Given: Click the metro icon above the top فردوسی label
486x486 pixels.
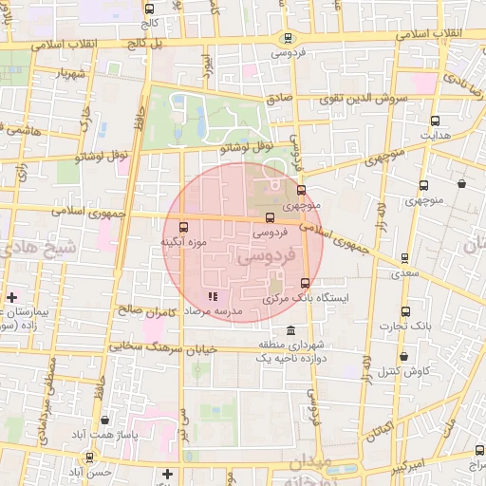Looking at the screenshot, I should coord(287,38).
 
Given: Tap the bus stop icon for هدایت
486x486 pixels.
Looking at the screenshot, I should coord(436,121).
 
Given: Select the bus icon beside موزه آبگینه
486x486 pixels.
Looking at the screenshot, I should coord(183,227).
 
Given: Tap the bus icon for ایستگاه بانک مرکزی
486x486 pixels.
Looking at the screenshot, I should coord(305,283).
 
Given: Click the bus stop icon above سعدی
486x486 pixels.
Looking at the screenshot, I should coord(405,257).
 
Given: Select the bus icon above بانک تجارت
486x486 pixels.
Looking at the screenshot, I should coord(406,310).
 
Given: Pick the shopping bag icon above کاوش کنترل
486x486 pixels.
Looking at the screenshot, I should coord(403,356).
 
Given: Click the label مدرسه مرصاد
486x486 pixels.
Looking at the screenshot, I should coord(215,310).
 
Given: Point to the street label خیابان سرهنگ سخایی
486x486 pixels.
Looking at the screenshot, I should coord(162,347).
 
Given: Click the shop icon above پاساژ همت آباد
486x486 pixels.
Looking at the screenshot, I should coord(103,419).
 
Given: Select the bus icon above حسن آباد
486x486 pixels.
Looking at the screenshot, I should coord(89,457).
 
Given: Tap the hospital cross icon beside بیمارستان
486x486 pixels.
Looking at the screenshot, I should coord(11,298).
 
